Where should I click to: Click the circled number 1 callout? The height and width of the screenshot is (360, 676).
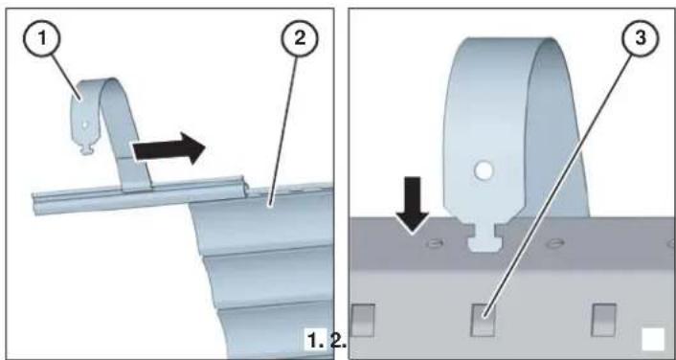42,39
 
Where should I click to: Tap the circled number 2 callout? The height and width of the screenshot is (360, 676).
300,39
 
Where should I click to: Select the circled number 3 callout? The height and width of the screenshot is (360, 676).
641,39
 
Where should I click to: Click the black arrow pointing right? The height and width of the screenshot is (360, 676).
169,148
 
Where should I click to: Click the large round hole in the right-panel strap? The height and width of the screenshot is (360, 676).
484,170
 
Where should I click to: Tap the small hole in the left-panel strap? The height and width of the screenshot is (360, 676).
85,124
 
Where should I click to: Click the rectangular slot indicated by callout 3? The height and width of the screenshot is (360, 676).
483,320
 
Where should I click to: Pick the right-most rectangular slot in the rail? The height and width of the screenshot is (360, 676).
603,320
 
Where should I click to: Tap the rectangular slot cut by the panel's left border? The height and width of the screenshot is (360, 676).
363,320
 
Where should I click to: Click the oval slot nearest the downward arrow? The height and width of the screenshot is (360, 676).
434,243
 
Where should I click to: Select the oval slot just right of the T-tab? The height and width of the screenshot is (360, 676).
554,243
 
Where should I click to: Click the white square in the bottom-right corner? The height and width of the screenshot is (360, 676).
653,340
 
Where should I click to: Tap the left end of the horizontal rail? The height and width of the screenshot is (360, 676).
34,204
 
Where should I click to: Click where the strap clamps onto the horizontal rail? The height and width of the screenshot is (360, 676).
137,186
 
